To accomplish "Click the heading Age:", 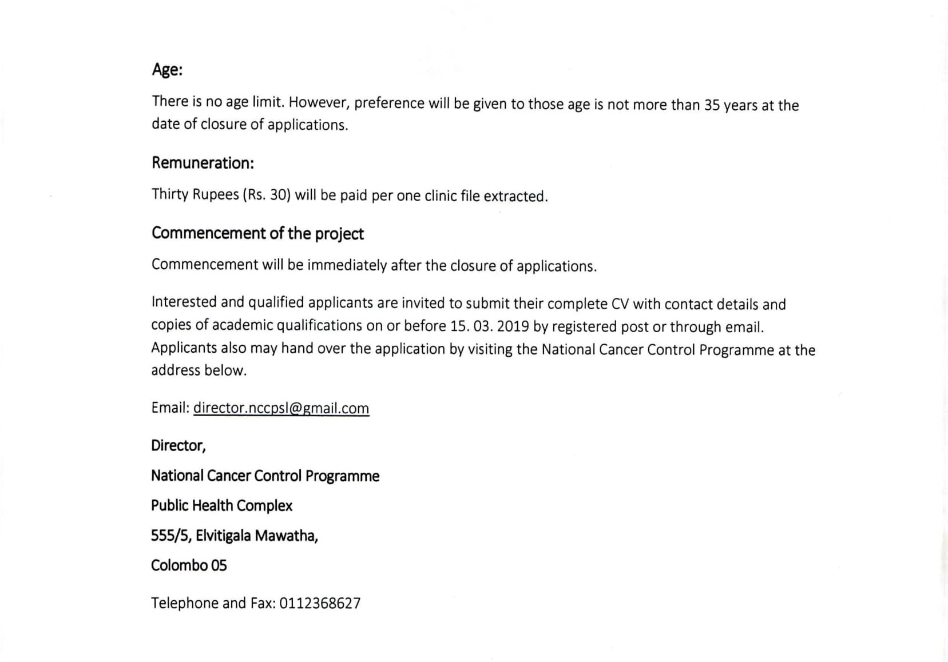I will point(167,70).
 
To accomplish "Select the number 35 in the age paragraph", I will point(712,106).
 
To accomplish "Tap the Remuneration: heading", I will point(203,163).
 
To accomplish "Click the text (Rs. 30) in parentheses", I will point(267,195).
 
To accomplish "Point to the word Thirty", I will point(170,194).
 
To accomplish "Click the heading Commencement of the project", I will point(257,233).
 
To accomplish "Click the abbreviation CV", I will point(620,304).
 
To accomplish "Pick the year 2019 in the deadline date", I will point(513,326).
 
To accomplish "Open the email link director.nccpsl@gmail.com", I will point(281,408).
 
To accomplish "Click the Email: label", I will point(170,408).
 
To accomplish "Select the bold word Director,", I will point(179,445).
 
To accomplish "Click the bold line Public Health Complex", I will point(221,505).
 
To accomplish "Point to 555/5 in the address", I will point(170,536).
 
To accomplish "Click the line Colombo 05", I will point(189,565).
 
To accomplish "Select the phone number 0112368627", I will point(320,603).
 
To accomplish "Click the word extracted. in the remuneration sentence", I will point(515,196).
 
